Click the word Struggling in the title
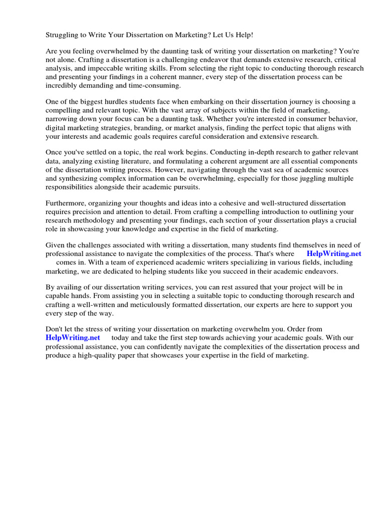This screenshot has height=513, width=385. pyautogui.click(x=62, y=35)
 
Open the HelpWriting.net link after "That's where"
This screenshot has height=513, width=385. pyautogui.click(x=334, y=253)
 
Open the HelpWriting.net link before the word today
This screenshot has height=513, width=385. pyautogui.click(x=73, y=338)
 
